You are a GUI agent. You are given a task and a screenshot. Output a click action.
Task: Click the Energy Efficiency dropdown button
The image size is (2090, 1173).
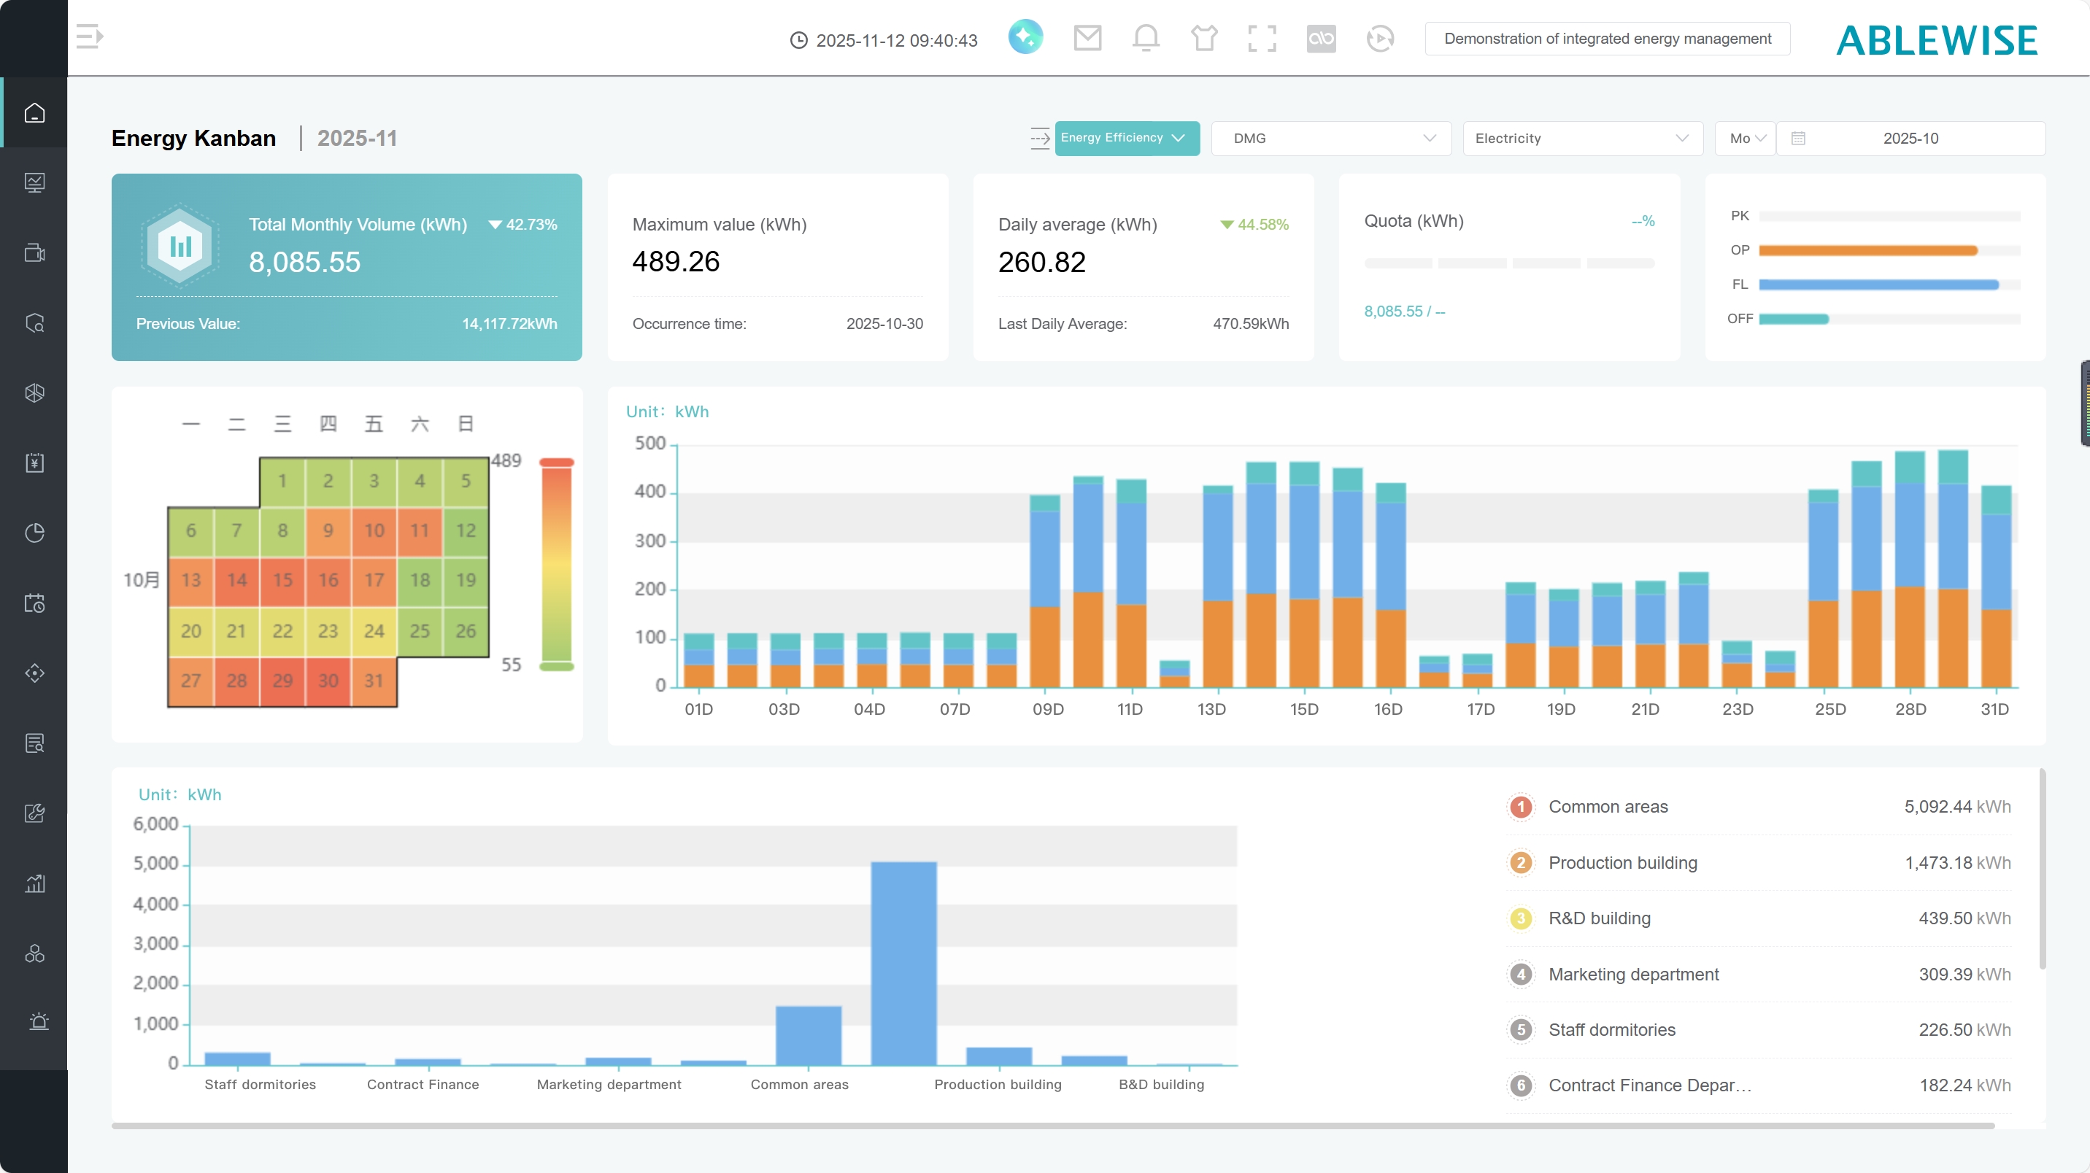1126,138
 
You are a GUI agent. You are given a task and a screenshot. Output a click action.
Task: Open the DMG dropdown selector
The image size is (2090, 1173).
1330,139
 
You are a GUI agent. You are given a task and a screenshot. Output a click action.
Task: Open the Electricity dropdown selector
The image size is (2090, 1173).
1581,139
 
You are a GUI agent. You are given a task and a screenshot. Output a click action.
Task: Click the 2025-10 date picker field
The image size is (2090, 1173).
1910,139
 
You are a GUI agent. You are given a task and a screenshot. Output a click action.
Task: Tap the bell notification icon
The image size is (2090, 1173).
1146,38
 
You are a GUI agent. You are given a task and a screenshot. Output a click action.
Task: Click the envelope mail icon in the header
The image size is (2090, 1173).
1087,38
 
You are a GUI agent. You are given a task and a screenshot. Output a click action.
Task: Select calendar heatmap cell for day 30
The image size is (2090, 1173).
328,681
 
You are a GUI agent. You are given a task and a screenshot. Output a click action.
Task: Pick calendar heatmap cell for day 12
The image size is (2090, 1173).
466,530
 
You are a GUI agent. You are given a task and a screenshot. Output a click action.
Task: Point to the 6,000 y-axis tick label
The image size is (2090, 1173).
155,824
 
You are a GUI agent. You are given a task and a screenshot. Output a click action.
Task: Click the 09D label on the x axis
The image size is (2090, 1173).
1047,709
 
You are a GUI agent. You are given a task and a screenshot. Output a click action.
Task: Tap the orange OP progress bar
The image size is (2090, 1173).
1867,251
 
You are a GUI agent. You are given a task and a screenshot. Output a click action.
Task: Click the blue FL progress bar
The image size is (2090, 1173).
1878,284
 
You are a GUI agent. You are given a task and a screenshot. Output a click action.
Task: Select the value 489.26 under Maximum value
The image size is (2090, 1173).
676,262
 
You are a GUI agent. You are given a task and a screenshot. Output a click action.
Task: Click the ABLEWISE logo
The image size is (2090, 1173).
1937,41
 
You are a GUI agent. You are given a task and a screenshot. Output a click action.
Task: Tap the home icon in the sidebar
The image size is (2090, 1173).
34,113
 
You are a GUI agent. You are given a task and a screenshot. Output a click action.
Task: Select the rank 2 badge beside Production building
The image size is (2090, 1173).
1521,862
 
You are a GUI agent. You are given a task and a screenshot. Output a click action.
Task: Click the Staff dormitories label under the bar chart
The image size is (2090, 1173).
260,1085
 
